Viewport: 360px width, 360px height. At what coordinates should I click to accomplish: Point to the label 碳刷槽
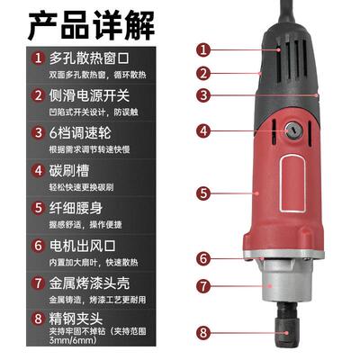pyautogui.click(x=73, y=168)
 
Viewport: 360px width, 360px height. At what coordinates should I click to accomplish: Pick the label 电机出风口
pyautogui.click(x=86, y=244)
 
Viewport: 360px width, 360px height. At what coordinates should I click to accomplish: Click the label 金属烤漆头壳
pyautogui.click(x=93, y=282)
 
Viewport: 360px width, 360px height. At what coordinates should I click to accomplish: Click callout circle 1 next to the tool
pyautogui.click(x=204, y=50)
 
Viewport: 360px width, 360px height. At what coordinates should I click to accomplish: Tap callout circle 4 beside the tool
pyautogui.click(x=204, y=130)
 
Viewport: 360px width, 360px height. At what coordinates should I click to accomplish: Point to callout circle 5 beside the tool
pyautogui.click(x=204, y=192)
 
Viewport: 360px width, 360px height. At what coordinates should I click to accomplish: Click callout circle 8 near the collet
pyautogui.click(x=204, y=334)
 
